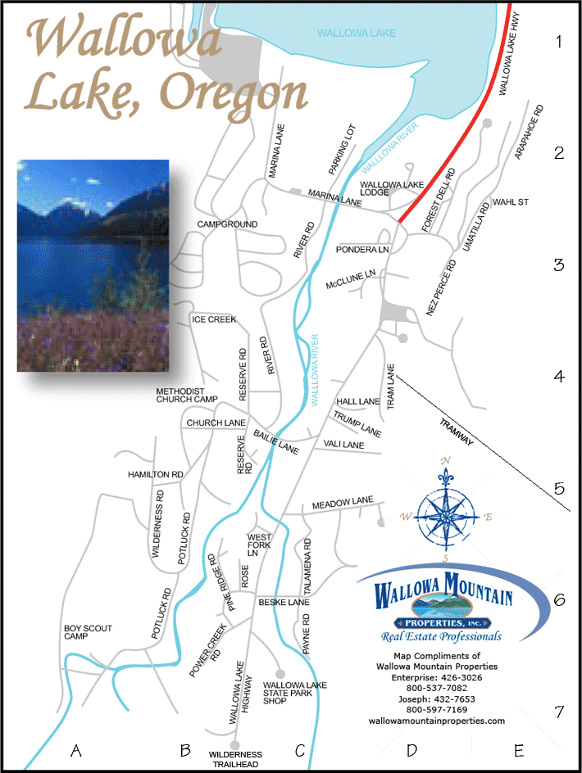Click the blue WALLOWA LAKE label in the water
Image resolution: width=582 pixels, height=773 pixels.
[357, 33]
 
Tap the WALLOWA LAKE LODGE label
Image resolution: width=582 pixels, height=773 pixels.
[391, 188]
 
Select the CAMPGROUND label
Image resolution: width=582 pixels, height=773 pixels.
[227, 224]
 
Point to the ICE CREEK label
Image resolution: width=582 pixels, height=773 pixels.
[214, 319]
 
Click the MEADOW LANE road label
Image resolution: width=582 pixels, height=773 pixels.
[342, 501]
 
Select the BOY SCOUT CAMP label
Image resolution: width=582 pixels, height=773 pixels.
[88, 633]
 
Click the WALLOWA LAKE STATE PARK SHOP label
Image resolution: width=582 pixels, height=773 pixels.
[294, 693]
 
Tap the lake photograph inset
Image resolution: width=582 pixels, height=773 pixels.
[93, 265]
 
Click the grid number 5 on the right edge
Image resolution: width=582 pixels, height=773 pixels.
[560, 489]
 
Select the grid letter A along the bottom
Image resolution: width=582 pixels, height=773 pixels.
[76, 750]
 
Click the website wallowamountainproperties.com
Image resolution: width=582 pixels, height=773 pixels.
[436, 721]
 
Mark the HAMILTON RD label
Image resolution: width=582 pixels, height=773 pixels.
[155, 475]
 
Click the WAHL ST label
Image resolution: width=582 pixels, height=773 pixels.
[512, 201]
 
